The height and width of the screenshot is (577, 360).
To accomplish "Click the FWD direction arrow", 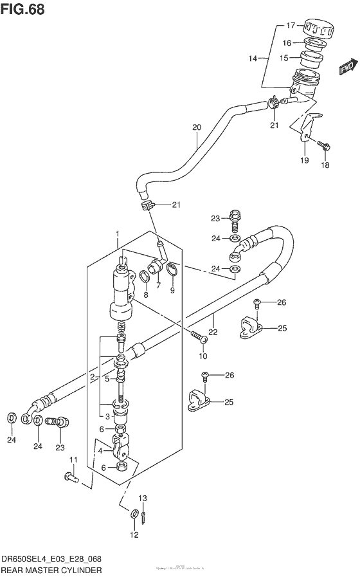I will [347, 67].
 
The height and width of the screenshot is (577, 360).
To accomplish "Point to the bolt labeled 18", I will [323, 146].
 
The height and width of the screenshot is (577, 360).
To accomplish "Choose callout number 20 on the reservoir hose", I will [197, 127].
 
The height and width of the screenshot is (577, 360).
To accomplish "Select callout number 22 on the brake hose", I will [213, 315].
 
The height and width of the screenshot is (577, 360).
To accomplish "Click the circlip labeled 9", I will [172, 270].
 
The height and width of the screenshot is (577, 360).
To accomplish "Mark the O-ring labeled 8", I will [145, 277].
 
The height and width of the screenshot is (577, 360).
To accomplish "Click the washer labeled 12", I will [134, 513].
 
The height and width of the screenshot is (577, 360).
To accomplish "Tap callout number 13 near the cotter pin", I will [143, 498].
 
